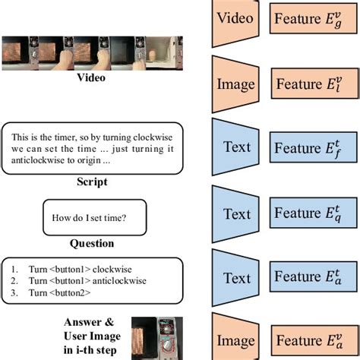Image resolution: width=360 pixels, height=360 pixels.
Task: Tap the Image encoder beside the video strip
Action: click(236, 81)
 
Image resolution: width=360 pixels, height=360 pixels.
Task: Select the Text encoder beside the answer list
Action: click(236, 278)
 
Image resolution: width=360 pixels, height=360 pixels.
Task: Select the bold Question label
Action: click(92, 243)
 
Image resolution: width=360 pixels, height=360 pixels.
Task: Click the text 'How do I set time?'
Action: click(89, 219)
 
